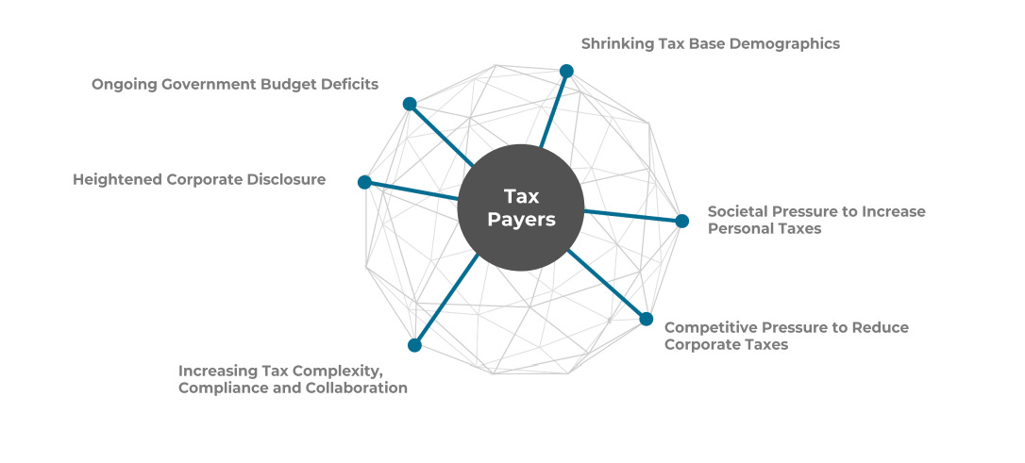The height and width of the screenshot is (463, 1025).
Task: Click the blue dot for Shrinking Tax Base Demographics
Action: pos(566,71)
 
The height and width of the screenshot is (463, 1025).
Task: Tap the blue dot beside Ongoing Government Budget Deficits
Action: pos(410,103)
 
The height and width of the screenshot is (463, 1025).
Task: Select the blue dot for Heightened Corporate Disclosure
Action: pos(364,182)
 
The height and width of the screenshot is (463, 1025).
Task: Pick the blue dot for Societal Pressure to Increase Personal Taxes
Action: pos(682,221)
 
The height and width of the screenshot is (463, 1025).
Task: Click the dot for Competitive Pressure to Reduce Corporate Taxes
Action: pos(647,319)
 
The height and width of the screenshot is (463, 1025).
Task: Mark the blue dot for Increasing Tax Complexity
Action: pos(414,345)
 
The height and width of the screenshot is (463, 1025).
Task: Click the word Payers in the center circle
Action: pos(521,220)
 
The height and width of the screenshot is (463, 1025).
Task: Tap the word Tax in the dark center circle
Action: pos(521,196)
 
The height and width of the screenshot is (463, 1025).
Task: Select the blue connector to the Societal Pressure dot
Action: pos(632,216)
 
